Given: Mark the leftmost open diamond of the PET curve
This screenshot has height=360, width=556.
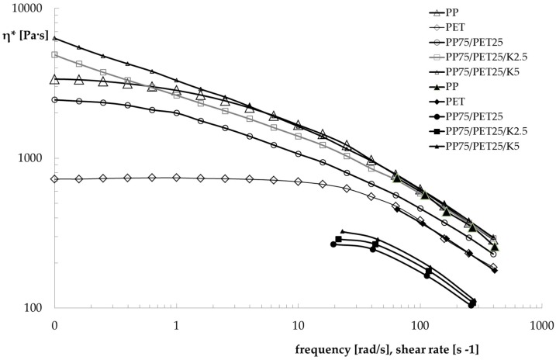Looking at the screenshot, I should click(x=54, y=179).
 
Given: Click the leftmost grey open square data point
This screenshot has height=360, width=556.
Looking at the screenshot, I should click(x=54, y=54).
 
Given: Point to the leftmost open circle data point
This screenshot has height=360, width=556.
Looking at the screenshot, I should click(x=54, y=100).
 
